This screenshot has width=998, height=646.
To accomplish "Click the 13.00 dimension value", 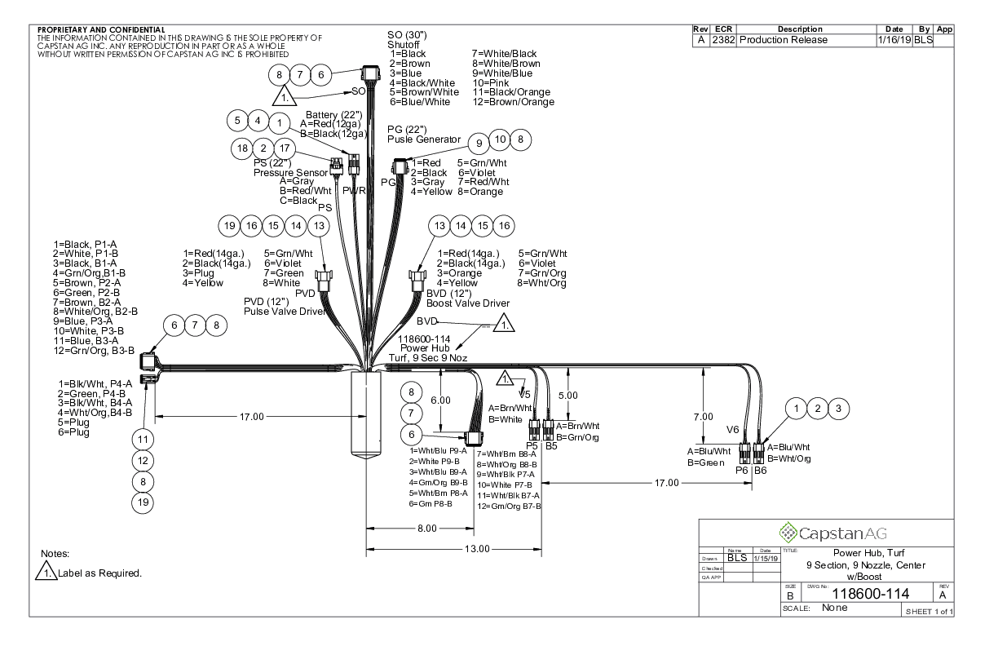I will pyautogui.click(x=476, y=548).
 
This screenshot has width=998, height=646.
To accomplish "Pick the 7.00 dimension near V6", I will pyautogui.click(x=703, y=417).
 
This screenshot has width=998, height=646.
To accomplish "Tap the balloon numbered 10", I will pyautogui.click(x=500, y=139).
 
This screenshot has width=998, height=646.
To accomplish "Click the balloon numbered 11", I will pyautogui.click(x=144, y=439).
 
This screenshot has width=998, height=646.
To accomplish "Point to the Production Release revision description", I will pyautogui.click(x=782, y=40).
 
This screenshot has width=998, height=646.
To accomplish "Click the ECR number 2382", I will pyautogui.click(x=723, y=40).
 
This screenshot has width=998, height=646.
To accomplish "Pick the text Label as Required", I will pyautogui.click(x=100, y=573).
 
